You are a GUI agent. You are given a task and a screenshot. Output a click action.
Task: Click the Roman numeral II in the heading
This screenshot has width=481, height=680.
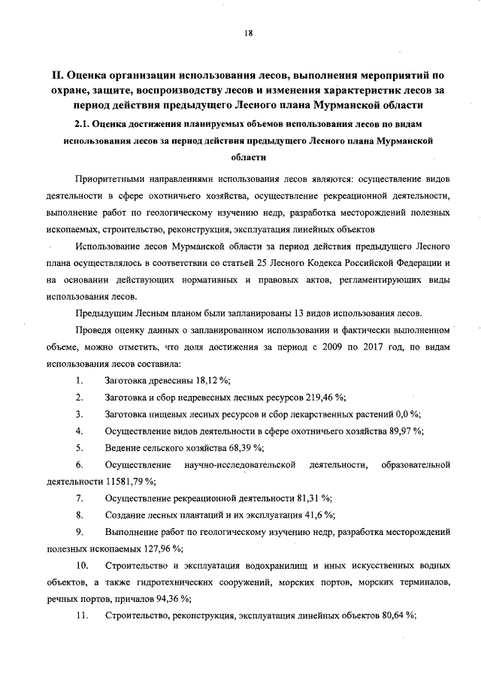[x=56, y=75]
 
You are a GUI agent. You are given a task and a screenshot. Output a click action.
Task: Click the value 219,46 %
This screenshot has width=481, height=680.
[x=325, y=398]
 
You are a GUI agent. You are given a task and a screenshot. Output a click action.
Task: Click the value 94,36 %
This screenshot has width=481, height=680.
[x=171, y=599]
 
